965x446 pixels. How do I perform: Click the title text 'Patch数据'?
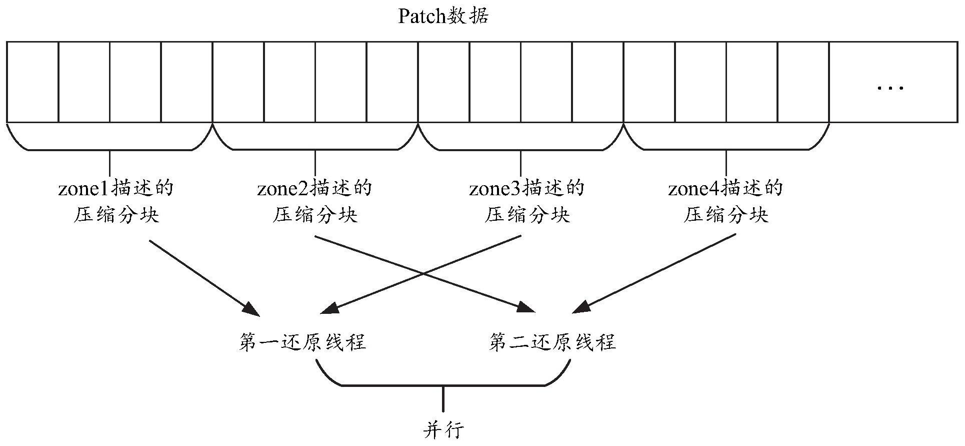point(442,17)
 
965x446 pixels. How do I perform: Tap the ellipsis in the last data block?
point(890,88)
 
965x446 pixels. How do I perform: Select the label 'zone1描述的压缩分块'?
point(116,202)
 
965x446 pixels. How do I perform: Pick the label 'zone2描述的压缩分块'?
point(315,202)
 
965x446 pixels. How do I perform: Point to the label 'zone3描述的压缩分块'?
point(527,202)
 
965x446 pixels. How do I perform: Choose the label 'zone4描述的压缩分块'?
point(725,202)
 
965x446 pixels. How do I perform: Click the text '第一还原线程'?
point(302,342)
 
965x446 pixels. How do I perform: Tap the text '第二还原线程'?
point(552,342)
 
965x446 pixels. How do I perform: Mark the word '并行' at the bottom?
point(443,429)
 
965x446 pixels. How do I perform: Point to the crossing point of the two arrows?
point(423,274)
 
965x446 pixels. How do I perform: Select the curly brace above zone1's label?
point(110,143)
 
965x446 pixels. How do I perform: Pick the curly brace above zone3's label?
point(520,143)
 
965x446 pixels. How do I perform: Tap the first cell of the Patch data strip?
point(32,82)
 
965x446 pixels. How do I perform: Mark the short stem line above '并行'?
point(443,398)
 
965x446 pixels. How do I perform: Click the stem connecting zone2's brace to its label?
point(315,161)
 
